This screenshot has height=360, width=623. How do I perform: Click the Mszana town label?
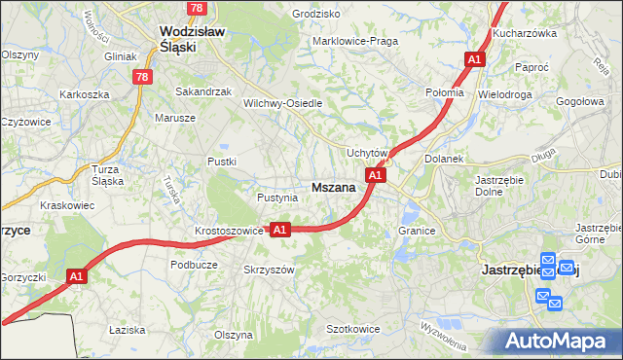332,188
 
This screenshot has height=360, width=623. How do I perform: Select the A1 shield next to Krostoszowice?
279,230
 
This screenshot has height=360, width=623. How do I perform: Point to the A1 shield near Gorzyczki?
78,277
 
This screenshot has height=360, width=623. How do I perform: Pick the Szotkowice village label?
352,330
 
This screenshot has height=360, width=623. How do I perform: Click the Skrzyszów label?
269,270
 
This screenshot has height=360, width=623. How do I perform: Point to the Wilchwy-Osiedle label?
282,103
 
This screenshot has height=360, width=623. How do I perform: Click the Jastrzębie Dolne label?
500,186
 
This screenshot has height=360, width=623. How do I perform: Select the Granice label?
416,232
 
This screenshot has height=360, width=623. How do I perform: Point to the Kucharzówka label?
551,32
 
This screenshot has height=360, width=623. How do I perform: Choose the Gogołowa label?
580,101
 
